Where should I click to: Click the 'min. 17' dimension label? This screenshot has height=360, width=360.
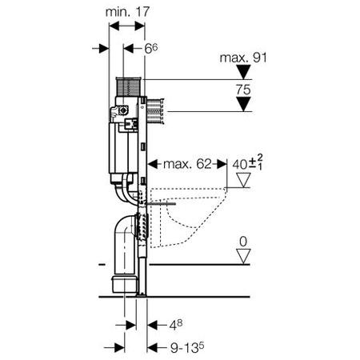click(127, 12)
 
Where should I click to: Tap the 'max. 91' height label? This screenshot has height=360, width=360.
click(243, 58)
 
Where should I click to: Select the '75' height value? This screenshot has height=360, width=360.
click(243, 90)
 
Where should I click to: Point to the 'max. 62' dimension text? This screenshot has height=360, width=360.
click(187, 164)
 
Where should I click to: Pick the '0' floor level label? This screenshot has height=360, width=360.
click(243, 242)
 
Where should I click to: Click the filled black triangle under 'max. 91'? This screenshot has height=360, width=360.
click(243, 72)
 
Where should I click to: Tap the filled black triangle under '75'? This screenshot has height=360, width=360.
click(243, 104)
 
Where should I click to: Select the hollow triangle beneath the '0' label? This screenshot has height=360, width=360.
click(243, 257)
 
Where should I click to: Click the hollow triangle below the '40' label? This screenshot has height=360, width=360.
click(243, 180)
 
